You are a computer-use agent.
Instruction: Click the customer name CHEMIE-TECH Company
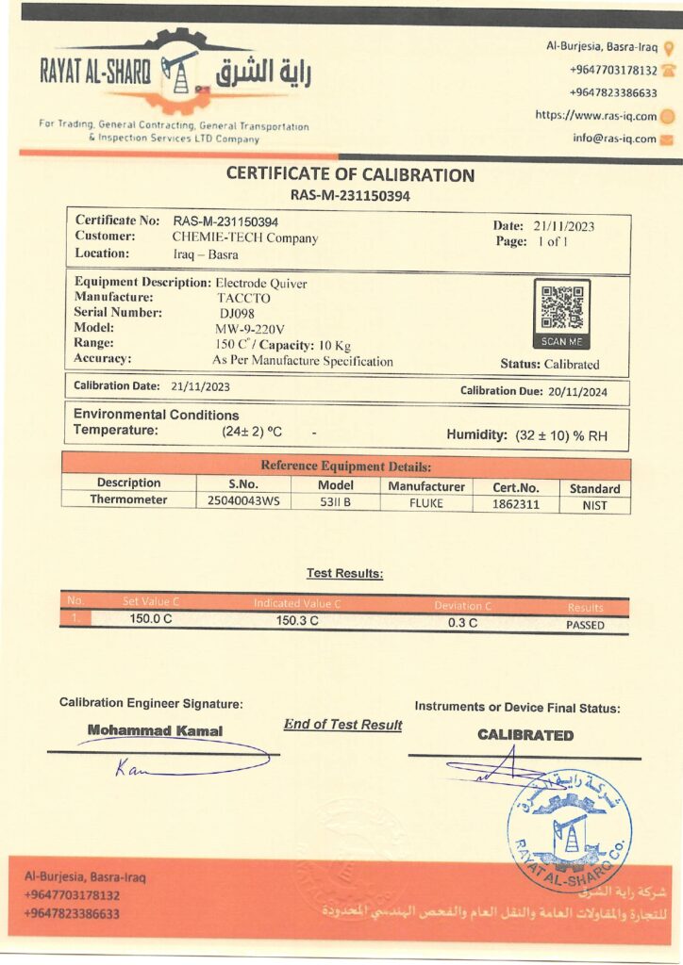tap(245, 238)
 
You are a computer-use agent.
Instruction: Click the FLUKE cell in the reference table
tap(425, 503)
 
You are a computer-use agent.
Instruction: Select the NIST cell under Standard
tap(594, 505)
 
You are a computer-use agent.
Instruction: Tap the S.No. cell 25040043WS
tap(243, 502)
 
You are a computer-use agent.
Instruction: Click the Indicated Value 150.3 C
tap(297, 621)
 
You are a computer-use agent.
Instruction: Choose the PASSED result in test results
tap(585, 625)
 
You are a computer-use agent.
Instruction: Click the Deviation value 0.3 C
tap(462, 622)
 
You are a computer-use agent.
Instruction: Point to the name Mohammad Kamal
tap(155, 730)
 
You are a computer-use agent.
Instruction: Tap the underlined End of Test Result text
tap(342, 725)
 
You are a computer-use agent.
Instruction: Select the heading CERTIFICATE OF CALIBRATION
tap(350, 175)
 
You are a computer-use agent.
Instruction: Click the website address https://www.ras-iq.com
tap(595, 116)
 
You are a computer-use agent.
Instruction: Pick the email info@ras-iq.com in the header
tap(614, 139)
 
